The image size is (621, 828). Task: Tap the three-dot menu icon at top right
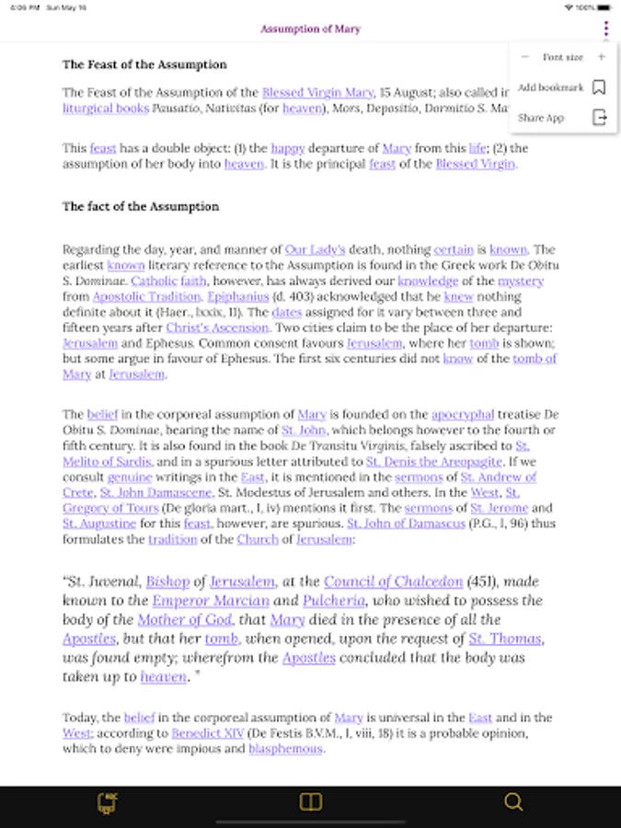pyautogui.click(x=605, y=29)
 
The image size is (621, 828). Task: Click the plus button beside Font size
pyautogui.click(x=601, y=57)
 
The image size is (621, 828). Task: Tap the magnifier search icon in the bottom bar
pyautogui.click(x=513, y=802)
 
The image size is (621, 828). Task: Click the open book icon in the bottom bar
pyautogui.click(x=311, y=802)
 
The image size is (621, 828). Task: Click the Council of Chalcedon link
pyautogui.click(x=393, y=581)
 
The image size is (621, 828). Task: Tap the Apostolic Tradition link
pyautogui.click(x=146, y=296)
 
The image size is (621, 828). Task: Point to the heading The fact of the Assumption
pyautogui.click(x=141, y=206)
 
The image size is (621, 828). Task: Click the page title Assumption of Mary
pyautogui.click(x=310, y=29)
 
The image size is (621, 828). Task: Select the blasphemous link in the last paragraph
pyautogui.click(x=285, y=749)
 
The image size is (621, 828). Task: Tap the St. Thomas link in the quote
pyautogui.click(x=505, y=638)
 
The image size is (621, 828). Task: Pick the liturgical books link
pyautogui.click(x=106, y=108)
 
